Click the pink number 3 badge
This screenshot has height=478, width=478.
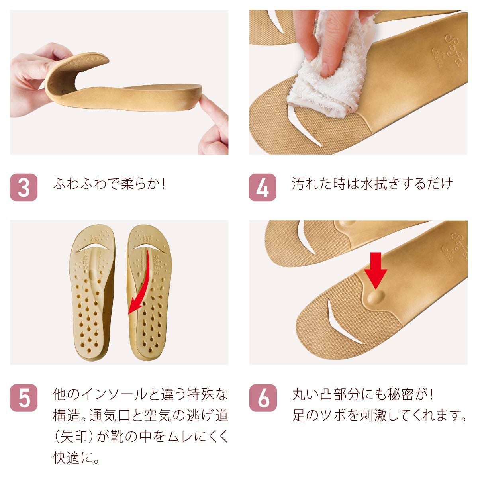24,187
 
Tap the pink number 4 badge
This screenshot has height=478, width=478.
263,187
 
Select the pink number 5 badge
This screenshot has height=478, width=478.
24,398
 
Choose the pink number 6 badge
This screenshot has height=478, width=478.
263,398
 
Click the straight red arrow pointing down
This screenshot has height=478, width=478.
376,271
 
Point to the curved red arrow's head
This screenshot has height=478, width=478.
133,308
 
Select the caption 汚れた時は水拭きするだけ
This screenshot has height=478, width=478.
372,184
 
